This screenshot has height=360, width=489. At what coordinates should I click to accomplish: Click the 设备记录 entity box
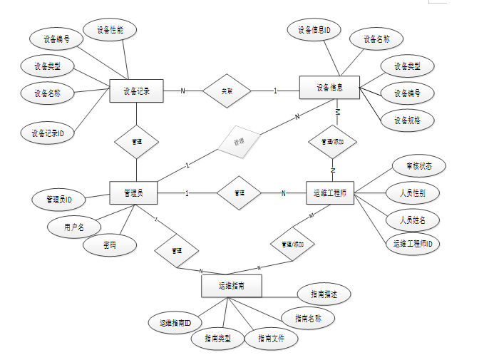136,91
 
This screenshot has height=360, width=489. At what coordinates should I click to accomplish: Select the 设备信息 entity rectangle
330,88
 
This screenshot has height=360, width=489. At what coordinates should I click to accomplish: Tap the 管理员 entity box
134,192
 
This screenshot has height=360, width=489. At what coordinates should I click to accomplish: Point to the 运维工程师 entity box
329,192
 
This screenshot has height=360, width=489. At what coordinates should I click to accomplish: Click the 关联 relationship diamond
227,91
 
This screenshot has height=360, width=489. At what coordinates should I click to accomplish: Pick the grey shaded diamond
240,141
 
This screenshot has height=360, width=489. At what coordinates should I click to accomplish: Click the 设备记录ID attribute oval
48,133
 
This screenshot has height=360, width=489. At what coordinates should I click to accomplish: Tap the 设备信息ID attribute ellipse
314,30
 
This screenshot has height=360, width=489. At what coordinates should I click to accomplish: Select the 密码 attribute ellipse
109,246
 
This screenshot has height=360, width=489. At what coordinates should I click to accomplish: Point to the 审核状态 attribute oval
420,166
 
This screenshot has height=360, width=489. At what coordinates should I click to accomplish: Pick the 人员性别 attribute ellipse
412,192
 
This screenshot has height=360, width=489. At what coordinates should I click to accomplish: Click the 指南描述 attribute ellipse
323,293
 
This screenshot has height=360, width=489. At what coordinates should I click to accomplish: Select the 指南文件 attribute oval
271,339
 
